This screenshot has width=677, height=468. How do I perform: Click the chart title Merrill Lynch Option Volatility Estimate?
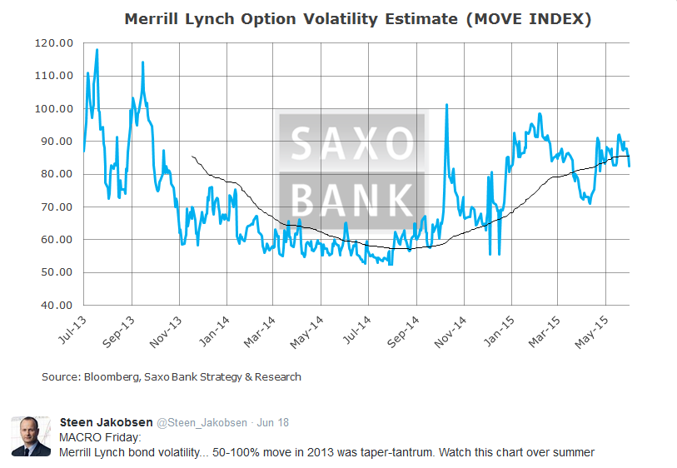tap(357, 19)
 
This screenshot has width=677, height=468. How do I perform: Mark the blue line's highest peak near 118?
tap(97, 50)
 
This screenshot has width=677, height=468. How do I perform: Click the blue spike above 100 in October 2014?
tap(447, 105)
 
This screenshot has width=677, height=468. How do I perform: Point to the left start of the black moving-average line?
tap(192, 156)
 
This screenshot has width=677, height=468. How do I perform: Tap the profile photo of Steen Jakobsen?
tap(31, 437)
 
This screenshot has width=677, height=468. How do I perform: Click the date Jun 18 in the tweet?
tap(272, 423)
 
